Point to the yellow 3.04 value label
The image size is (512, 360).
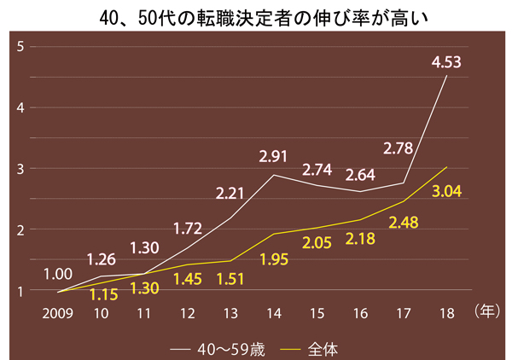tap(446, 191)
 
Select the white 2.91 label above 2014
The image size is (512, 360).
tap(274, 157)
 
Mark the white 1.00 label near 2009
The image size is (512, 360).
tap(58, 273)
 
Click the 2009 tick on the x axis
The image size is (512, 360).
tap(58, 313)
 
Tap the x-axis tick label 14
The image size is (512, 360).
tap(273, 313)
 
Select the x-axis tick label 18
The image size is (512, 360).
tap(446, 313)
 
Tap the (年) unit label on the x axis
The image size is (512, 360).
tap(486, 313)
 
